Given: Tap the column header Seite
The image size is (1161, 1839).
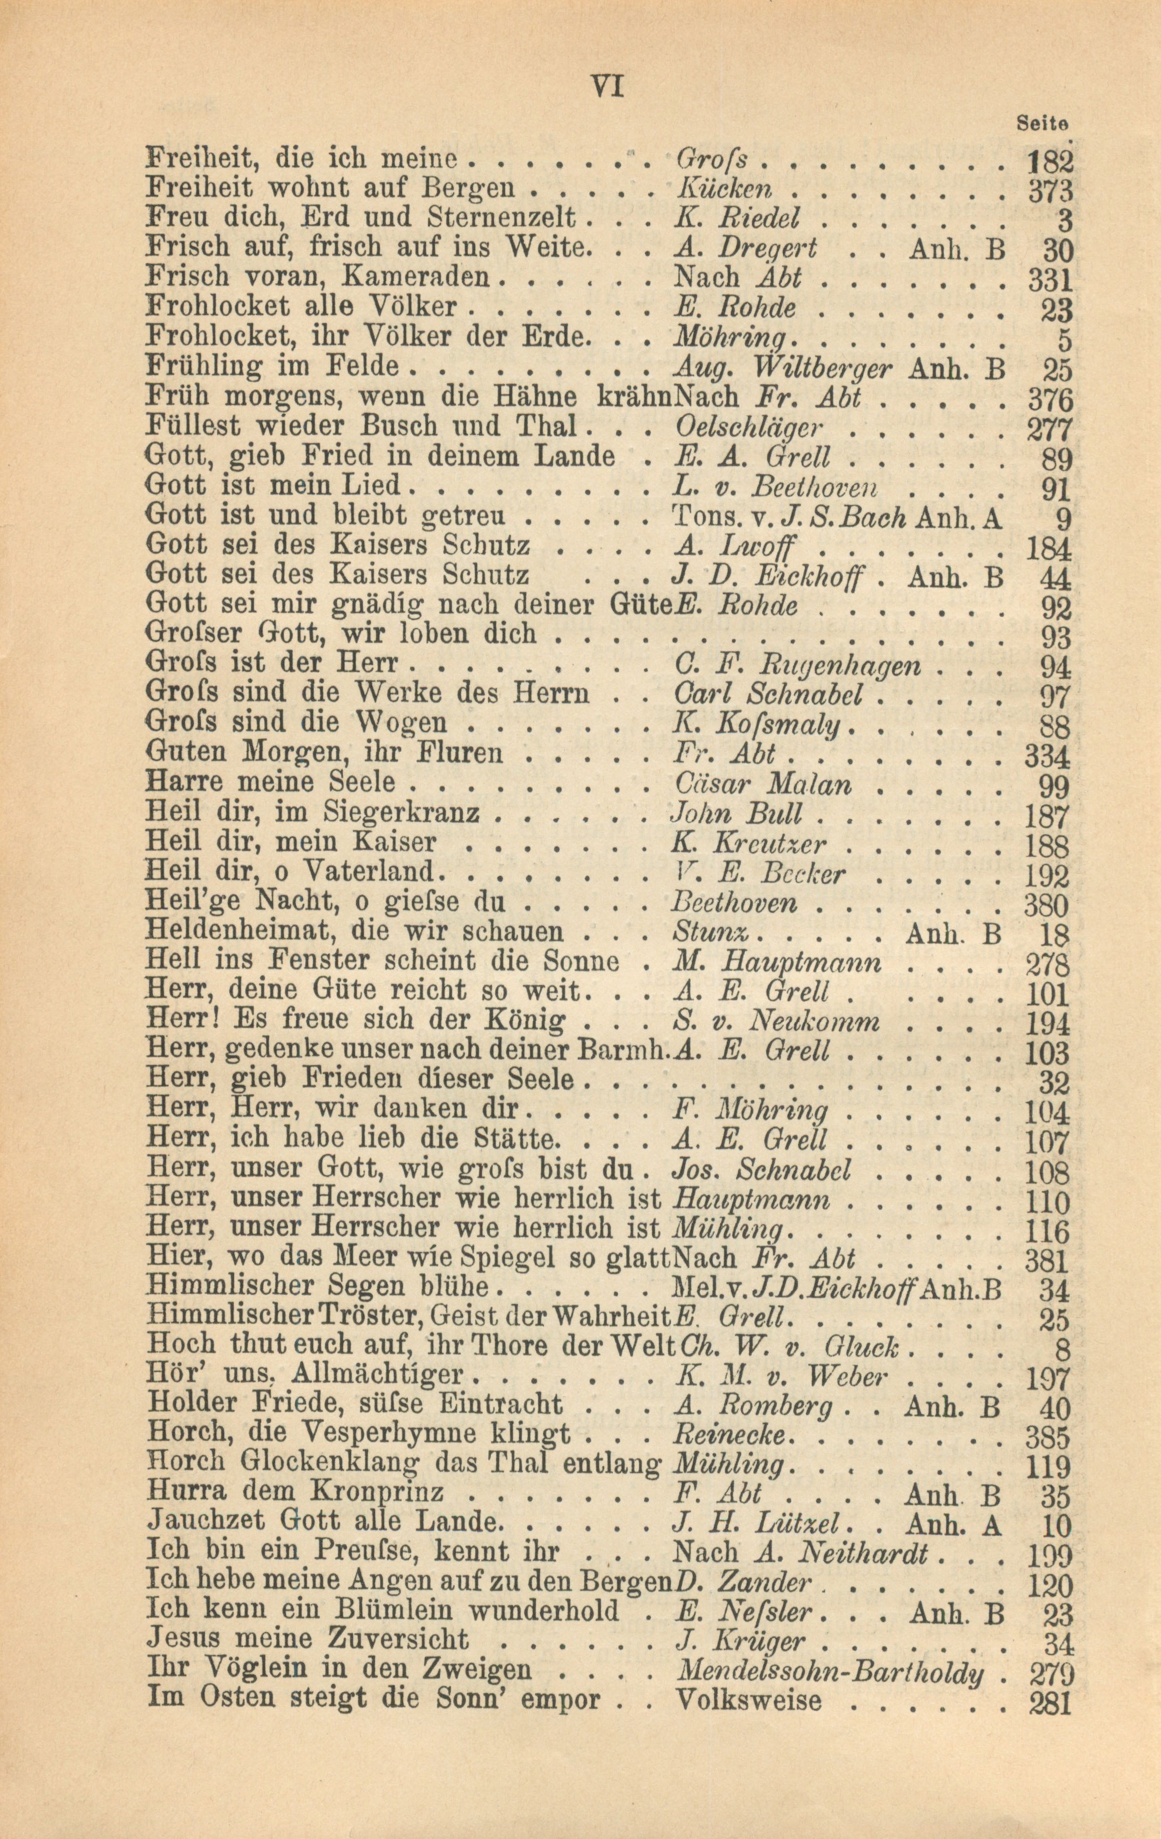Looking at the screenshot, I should [x=1043, y=122].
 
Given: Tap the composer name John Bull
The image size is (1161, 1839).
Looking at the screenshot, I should [x=736, y=814].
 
